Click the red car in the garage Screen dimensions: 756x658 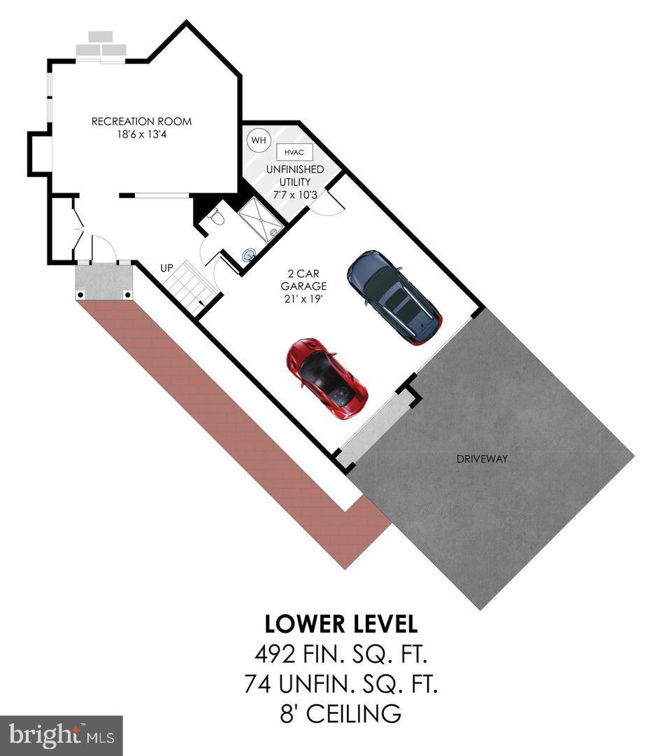(x=327, y=378)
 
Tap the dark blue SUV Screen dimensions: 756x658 (x=394, y=297)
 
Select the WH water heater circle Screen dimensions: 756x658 (x=259, y=140)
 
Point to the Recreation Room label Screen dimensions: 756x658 (x=141, y=122)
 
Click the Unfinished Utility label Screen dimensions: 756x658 (x=294, y=175)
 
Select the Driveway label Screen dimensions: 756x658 (x=482, y=459)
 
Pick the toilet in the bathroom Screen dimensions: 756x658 (x=216, y=219)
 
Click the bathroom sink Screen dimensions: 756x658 (x=249, y=256)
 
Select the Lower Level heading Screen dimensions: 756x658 (x=341, y=623)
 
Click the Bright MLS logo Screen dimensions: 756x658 (x=61, y=735)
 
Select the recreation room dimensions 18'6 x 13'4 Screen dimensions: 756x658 (x=141, y=134)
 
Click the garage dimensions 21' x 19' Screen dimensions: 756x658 (x=303, y=299)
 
